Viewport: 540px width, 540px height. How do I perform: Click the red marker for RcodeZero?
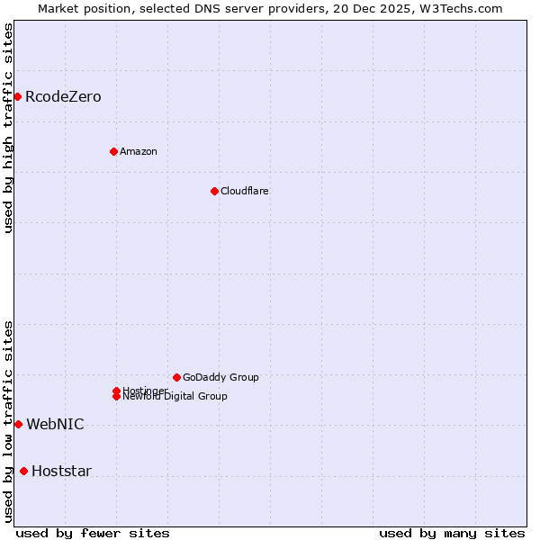click(17, 96)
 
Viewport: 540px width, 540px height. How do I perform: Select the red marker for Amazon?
click(113, 151)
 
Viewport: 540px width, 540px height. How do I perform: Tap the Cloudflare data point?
click(214, 191)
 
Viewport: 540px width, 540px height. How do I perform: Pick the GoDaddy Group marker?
click(176, 377)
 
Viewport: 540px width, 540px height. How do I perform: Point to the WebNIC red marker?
click(18, 424)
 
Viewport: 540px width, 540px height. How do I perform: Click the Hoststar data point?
click(23, 471)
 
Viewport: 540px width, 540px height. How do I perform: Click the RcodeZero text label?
click(63, 96)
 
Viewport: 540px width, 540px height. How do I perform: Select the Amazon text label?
click(139, 151)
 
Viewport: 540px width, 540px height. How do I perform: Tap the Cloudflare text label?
click(245, 191)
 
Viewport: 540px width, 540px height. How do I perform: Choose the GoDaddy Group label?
click(220, 377)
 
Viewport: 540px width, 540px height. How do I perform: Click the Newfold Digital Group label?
click(175, 397)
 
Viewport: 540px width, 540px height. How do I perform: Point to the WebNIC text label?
click(55, 424)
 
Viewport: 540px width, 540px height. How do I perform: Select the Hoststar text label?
click(61, 471)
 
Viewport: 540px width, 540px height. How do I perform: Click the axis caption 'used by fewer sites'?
click(93, 533)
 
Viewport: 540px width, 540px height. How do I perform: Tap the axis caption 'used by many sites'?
click(452, 533)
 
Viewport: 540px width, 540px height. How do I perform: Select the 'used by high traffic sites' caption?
click(8, 127)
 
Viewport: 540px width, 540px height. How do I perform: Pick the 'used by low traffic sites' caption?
click(8, 421)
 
